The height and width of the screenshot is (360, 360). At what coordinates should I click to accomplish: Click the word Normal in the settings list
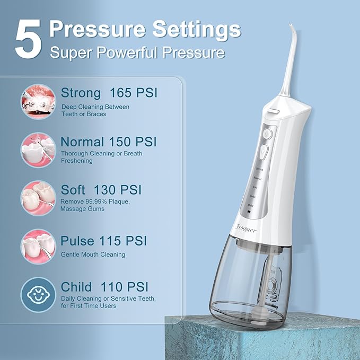click(82, 142)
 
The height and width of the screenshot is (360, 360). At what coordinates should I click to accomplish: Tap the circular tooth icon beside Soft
click(38, 197)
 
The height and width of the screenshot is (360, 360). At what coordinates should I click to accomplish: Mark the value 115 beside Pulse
click(113, 241)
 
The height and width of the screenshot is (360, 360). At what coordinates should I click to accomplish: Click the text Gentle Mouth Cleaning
click(93, 254)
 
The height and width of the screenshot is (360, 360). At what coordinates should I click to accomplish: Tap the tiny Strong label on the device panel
click(259, 169)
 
